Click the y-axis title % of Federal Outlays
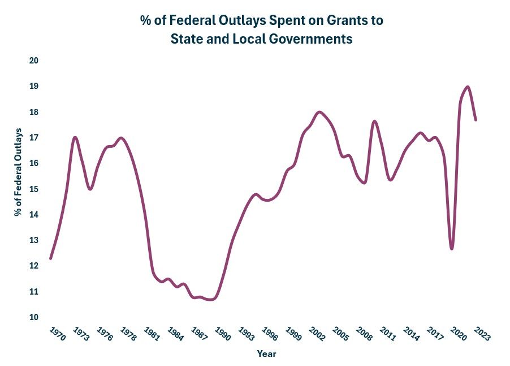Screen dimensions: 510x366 18,172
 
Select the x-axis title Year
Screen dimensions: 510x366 266,354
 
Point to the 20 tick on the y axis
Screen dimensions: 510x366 34,61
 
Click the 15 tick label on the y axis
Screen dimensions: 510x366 34,189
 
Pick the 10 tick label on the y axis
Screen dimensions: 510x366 34,317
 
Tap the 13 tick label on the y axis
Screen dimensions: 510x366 34,240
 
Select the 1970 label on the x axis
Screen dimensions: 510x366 57,334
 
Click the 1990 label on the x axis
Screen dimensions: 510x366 222,334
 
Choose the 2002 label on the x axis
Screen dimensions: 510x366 317,334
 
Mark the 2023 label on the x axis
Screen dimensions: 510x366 482,334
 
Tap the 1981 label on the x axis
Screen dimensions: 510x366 152,334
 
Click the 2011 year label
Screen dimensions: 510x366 387,334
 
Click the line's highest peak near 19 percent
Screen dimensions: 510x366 468,87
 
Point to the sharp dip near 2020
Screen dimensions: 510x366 452,248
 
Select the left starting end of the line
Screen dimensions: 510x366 51,258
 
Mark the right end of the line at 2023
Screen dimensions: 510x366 476,120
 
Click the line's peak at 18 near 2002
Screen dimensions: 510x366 319,112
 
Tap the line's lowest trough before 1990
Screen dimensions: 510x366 211,299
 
